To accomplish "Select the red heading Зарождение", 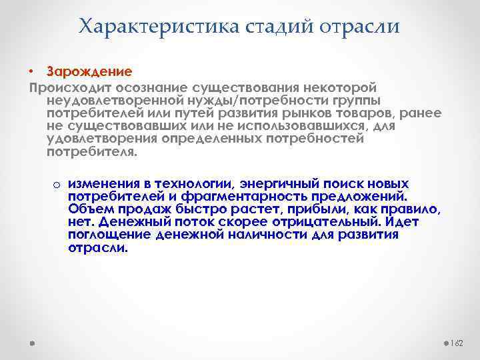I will [x=89, y=71].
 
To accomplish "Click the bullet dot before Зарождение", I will [x=31, y=71].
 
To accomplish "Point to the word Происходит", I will [x=70, y=88].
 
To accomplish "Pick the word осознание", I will [x=151, y=88].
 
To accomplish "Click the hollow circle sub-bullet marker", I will [x=57, y=185].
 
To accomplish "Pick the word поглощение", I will [x=109, y=235].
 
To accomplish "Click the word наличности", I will [x=262, y=235].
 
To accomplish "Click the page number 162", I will [x=456, y=343].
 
